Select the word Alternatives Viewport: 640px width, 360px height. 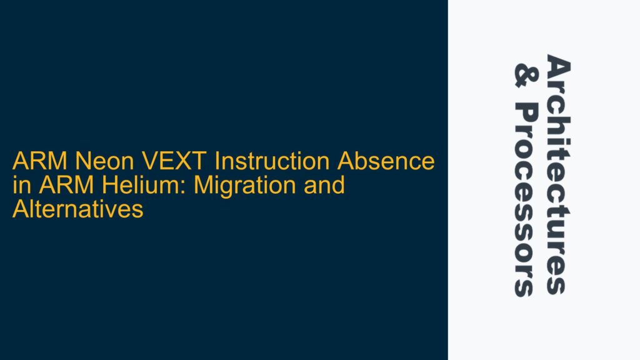(78, 210)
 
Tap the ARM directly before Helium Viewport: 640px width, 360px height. (51, 186)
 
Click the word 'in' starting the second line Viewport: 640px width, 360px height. (19, 186)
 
